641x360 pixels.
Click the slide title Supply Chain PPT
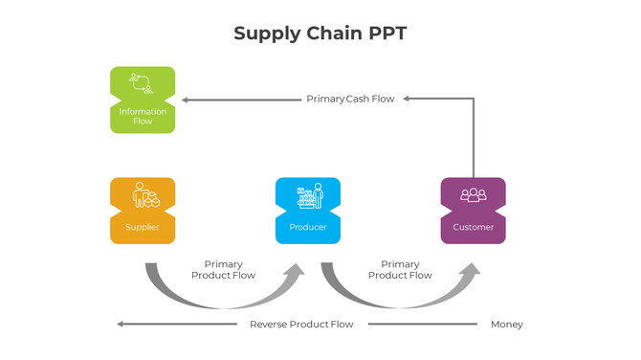click(320, 34)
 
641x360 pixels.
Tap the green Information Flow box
click(143, 100)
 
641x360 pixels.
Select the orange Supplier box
click(143, 211)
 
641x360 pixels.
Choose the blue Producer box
click(307, 211)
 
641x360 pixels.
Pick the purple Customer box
click(473, 211)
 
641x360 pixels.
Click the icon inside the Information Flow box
click(143, 83)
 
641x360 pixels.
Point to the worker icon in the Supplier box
click(143, 195)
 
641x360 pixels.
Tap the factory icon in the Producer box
click(308, 195)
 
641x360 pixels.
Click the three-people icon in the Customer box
click(473, 195)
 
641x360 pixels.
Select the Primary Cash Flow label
click(349, 99)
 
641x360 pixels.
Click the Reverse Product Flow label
click(301, 325)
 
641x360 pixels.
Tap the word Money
click(506, 325)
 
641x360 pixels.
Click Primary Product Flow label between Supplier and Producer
click(223, 270)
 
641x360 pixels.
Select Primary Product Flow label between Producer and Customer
click(400, 270)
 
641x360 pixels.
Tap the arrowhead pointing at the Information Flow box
click(187, 99)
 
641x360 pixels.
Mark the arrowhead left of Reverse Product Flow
click(122, 325)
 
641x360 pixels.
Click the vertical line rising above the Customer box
click(473, 139)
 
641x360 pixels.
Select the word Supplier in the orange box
click(143, 227)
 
